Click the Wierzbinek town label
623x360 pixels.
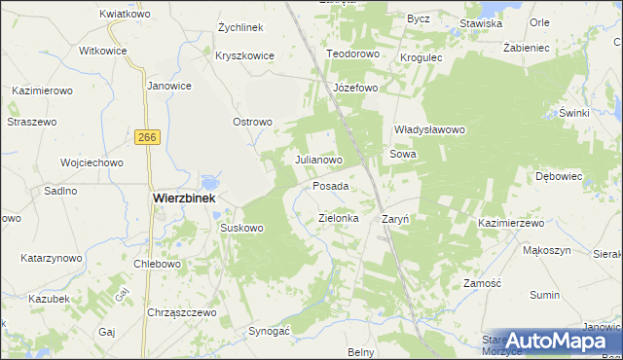pos(182,197)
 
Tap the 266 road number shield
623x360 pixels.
pos(147,139)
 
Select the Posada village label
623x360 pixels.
pos(331,185)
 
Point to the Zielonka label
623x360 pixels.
pos(339,219)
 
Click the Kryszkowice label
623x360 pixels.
pos(246,55)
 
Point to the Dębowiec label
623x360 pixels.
pos(559,176)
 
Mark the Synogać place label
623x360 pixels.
pos(270,330)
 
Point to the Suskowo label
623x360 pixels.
pos(242,229)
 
